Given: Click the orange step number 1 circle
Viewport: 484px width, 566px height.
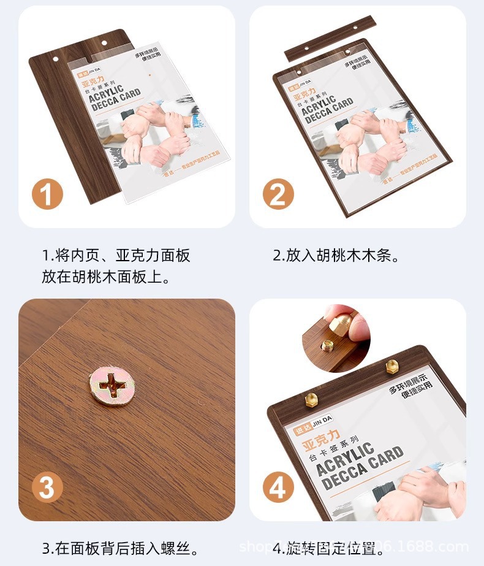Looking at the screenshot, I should (x=47, y=195).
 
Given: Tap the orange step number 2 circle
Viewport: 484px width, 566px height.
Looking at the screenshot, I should (x=278, y=195).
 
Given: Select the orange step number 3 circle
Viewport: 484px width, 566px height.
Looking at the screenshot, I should (x=47, y=488).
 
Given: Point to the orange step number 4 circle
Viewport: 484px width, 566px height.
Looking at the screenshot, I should (x=278, y=488).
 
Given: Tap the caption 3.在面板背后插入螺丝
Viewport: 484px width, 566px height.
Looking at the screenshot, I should (x=120, y=547).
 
